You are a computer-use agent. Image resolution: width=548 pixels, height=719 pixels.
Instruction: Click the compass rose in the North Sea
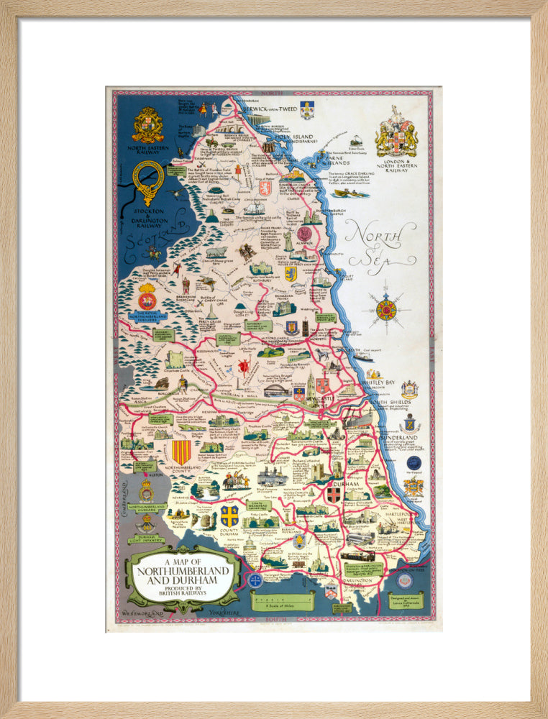click(x=386, y=310)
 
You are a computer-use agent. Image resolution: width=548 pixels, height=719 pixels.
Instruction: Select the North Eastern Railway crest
click(x=147, y=125)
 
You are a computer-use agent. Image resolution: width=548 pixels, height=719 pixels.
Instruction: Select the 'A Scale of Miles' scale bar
click(x=282, y=600)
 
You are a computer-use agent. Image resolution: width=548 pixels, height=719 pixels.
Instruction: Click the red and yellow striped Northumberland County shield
click(x=182, y=452)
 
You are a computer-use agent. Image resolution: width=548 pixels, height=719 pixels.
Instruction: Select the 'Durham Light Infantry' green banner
click(x=146, y=540)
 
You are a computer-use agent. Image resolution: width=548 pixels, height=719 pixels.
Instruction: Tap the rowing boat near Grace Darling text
click(x=350, y=193)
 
